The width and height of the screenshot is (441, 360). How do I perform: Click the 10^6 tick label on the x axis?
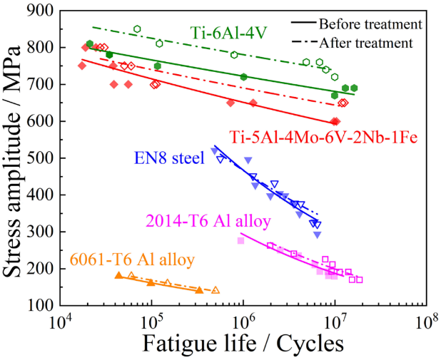(243, 323)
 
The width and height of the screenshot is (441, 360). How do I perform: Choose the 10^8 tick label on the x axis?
(426, 323)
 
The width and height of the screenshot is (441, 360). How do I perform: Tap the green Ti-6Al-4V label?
(228, 33)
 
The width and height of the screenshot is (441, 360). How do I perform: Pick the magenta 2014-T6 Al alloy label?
(208, 222)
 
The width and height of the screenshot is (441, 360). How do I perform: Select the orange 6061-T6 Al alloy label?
(133, 259)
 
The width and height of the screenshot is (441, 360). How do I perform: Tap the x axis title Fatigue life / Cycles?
(243, 344)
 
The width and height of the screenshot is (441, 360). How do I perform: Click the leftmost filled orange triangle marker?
(118, 275)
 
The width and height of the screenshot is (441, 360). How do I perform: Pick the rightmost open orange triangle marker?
(216, 290)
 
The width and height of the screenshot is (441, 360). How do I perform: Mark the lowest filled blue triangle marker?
(317, 235)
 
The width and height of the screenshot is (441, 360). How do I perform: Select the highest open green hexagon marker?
(137, 29)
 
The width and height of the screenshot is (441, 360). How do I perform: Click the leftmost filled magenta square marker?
(241, 240)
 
